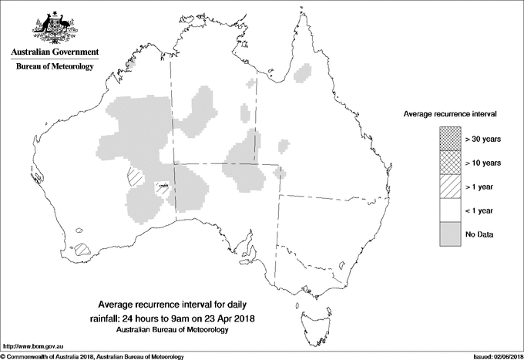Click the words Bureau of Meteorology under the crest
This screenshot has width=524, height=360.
(x=54, y=67)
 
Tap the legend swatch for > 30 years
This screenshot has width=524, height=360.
(x=448, y=139)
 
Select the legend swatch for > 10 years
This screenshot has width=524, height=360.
(x=448, y=163)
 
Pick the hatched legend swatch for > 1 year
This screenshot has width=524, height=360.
(x=448, y=187)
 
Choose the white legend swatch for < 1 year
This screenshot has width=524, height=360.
(x=448, y=210)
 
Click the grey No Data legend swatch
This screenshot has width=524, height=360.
(x=448, y=234)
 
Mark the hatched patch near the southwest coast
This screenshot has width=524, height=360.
(x=83, y=250)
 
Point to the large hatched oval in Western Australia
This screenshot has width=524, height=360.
(x=136, y=177)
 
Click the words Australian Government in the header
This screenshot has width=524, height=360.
(x=54, y=52)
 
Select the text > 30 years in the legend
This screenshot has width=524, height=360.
(x=482, y=139)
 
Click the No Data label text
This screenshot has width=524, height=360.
(x=479, y=234)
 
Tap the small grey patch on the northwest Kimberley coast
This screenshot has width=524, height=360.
(x=131, y=66)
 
